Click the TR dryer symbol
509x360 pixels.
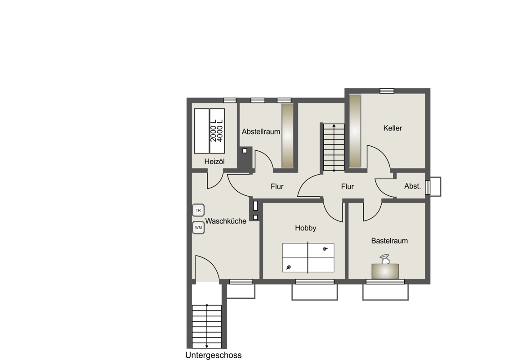pyautogui.click(x=198, y=210)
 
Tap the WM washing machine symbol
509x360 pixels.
pyautogui.click(x=198, y=227)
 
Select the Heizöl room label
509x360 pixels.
pyautogui.click(x=214, y=162)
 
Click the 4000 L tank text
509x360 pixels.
pyautogui.click(x=220, y=130)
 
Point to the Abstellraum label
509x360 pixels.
pyautogui.click(x=261, y=131)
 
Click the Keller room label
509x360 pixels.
pyautogui.click(x=393, y=128)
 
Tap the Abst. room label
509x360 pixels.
pyautogui.click(x=413, y=186)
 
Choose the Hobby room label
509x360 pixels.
pyautogui.click(x=305, y=228)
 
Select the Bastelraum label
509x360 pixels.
pyautogui.click(x=389, y=241)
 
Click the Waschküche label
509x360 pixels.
pyautogui.click(x=226, y=221)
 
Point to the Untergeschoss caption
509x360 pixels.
pyautogui.click(x=213, y=355)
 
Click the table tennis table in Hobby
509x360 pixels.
pyautogui.click(x=308, y=258)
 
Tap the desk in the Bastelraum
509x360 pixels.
pyautogui.click(x=385, y=271)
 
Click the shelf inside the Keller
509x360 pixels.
pyautogui.click(x=355, y=131)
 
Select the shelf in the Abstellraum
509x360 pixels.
pyautogui.click(x=287, y=136)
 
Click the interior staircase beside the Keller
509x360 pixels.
pyautogui.click(x=334, y=147)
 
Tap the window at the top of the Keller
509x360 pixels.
pyautogui.click(x=387, y=90)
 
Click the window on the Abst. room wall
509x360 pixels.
pyautogui.click(x=428, y=187)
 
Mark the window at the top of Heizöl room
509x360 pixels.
pyautogui.click(x=229, y=100)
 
